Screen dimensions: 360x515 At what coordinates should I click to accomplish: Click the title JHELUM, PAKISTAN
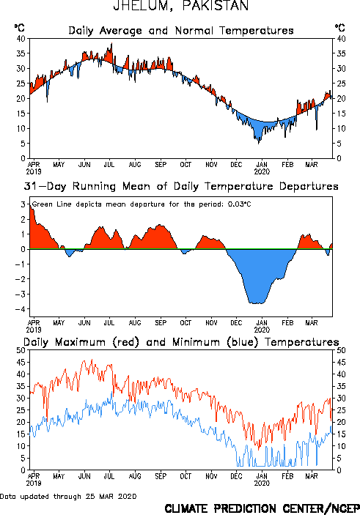tap(181, 6)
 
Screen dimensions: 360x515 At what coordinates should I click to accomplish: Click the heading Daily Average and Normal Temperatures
tap(181, 31)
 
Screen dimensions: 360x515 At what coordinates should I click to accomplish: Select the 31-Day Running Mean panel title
tap(181, 187)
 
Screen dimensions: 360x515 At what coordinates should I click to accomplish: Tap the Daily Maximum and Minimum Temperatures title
tap(181, 342)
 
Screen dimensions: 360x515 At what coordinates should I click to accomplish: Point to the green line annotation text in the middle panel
tap(142, 204)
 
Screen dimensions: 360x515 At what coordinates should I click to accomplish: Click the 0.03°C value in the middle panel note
tap(240, 204)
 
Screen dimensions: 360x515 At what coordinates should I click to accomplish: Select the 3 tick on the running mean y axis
tap(23, 204)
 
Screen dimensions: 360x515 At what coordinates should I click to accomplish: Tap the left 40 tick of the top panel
tap(21, 39)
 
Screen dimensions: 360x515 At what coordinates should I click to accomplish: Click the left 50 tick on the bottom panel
tap(21, 350)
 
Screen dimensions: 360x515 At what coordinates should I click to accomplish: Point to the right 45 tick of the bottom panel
tap(341, 363)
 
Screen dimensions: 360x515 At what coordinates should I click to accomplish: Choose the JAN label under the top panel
tap(262, 164)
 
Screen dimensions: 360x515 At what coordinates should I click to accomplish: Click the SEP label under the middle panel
tap(161, 323)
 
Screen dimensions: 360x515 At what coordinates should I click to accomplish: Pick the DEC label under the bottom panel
tap(236, 476)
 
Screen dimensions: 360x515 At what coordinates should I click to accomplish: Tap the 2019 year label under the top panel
tap(34, 171)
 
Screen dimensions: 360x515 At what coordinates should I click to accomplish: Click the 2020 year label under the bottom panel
tap(262, 483)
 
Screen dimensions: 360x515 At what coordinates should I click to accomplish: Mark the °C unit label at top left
tap(19, 28)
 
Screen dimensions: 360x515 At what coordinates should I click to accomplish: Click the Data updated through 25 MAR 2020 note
tap(68, 496)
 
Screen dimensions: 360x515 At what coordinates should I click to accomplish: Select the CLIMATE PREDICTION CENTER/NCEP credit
tap(262, 508)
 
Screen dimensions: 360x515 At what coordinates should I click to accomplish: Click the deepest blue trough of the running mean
tap(257, 303)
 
